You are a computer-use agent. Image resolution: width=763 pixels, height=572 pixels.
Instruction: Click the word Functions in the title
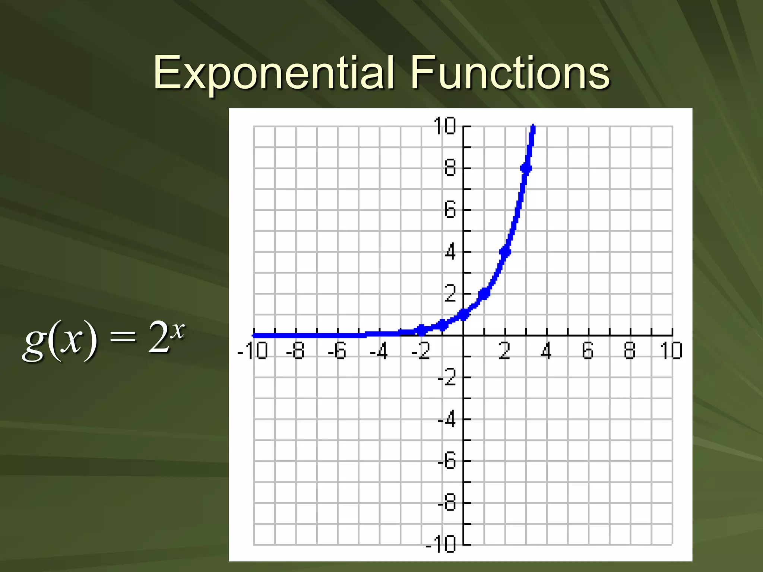coord(510,73)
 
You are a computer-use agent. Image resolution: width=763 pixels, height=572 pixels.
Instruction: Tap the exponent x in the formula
coord(178,330)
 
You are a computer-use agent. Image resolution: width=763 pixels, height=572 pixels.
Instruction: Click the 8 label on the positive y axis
coord(450,168)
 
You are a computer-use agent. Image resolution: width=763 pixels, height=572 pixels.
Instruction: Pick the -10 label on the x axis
coord(253,351)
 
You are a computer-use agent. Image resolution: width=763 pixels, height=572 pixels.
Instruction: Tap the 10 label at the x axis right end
coord(671,351)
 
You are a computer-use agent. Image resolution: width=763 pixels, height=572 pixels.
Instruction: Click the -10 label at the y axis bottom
coord(441,544)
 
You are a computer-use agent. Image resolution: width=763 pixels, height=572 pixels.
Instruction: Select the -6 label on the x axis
coord(337,351)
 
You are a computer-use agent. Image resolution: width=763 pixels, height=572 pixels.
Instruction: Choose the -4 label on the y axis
coord(447,420)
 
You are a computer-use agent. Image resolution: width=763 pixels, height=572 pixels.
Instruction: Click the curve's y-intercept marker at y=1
coord(463,315)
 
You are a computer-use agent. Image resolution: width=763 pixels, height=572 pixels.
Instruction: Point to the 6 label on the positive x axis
coord(588,351)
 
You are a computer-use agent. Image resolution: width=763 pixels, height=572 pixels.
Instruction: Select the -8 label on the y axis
coord(447,503)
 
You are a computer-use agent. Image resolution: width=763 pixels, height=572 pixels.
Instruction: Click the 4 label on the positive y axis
coord(450,252)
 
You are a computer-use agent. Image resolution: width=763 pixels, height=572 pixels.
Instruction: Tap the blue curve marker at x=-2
coord(421,330)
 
